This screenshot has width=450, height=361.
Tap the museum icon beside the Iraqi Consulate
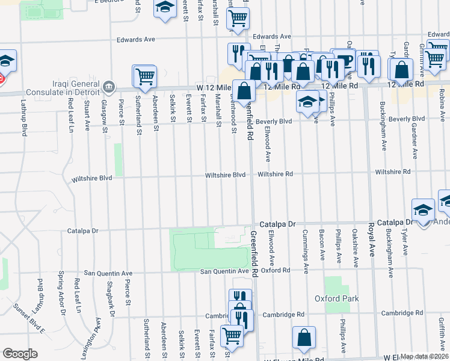click(109, 86)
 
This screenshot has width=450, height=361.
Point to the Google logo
click(20, 354)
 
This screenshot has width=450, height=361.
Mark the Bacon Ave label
click(322, 247)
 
